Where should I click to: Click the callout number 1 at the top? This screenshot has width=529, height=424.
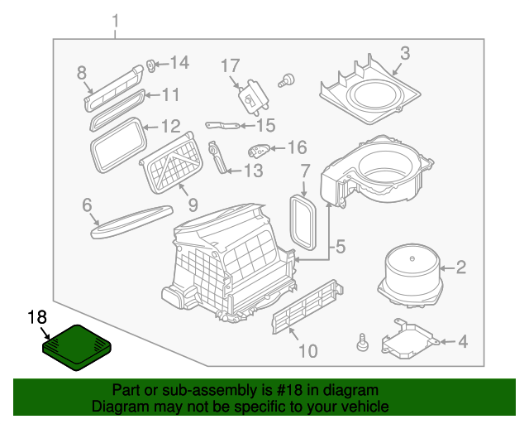pyautogui.click(x=115, y=20)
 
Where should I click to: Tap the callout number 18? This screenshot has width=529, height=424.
pyautogui.click(x=38, y=317)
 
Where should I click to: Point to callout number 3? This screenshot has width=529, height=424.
pyautogui.click(x=404, y=54)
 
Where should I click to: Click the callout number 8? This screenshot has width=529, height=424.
pyautogui.click(x=81, y=73)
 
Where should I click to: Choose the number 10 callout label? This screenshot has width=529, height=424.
pyautogui.click(x=307, y=352)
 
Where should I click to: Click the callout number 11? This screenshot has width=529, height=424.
pyautogui.click(x=169, y=95)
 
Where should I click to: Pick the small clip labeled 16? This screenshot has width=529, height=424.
pyautogui.click(x=259, y=150)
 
